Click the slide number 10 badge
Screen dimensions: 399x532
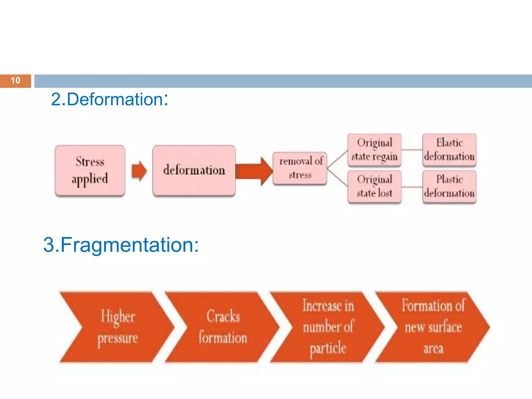pyautogui.click(x=15, y=81)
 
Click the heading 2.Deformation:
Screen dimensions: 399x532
pyautogui.click(x=109, y=99)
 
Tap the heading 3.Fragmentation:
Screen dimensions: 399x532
pyautogui.click(x=121, y=245)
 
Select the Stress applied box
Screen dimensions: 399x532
pyautogui.click(x=90, y=170)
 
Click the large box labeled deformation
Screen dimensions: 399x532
pyautogui.click(x=194, y=170)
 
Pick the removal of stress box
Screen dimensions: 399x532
pyautogui.click(x=300, y=168)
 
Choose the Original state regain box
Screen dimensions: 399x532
pyautogui.click(x=374, y=150)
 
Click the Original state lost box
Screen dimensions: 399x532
pyautogui.click(x=374, y=187)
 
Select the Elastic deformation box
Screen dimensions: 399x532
pyautogui.click(x=449, y=150)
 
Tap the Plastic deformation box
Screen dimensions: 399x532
pyautogui.click(x=449, y=187)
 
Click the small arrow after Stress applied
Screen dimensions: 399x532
pyautogui.click(x=139, y=171)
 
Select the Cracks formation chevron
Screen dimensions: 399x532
pyautogui.click(x=223, y=327)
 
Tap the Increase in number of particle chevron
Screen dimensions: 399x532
pyautogui.click(x=328, y=327)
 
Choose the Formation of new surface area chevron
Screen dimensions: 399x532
pyautogui.click(x=433, y=327)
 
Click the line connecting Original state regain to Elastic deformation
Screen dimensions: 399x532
pyautogui.click(x=412, y=150)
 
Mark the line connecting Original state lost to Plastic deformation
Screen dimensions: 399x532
pyautogui.click(x=412, y=187)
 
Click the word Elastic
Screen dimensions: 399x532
pyautogui.click(x=449, y=143)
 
